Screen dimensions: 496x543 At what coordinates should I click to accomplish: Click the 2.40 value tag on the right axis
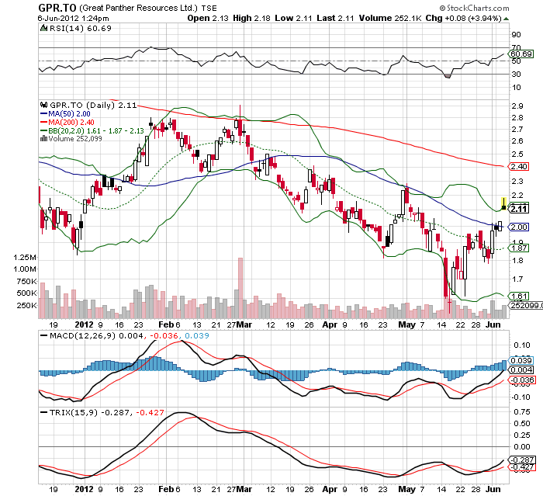[x=519, y=166]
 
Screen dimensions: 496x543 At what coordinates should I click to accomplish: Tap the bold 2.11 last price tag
[x=520, y=208]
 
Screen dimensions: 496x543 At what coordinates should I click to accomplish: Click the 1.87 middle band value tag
[x=519, y=248]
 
